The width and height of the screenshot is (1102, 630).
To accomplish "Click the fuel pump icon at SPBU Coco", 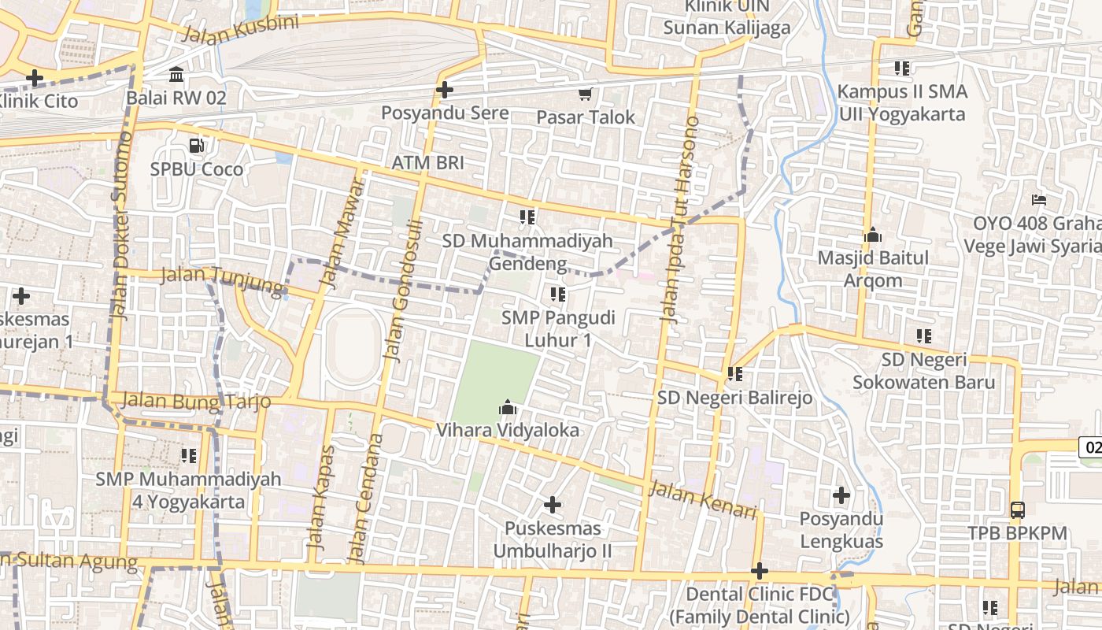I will (x=196, y=146).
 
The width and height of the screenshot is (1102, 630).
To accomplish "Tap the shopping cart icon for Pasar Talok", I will (x=585, y=94).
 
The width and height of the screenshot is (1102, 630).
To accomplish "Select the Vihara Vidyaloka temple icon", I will (x=508, y=408).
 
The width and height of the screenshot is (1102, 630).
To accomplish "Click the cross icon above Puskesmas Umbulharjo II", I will (x=553, y=504).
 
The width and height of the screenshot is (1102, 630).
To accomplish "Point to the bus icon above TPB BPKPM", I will (x=1017, y=510).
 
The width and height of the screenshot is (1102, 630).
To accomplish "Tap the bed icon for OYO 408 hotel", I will (x=1039, y=200).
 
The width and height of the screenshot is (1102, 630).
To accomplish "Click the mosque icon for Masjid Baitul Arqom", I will (x=872, y=235).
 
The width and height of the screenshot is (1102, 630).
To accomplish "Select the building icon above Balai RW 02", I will (x=176, y=75).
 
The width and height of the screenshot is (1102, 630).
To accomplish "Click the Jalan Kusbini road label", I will (x=240, y=30).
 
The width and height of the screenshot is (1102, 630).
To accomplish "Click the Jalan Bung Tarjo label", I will (x=197, y=400).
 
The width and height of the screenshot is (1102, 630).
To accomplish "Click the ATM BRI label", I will (x=428, y=163).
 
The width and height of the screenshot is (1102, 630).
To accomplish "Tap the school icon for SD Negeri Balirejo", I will (x=735, y=374).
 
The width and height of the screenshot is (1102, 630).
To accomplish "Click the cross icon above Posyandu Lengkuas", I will (x=841, y=495).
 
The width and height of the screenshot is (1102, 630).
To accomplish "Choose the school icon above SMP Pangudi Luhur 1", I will (x=558, y=295).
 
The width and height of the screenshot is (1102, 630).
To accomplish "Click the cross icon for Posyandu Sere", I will (x=445, y=90).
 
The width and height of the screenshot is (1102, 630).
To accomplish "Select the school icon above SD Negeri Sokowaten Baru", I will (x=924, y=336).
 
